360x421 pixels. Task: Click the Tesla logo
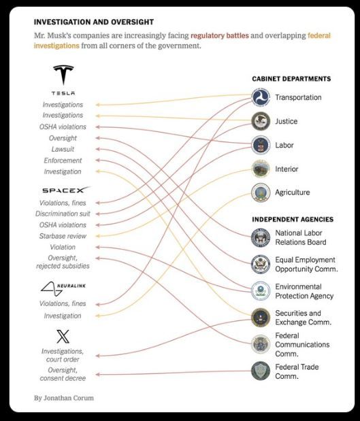[63, 75]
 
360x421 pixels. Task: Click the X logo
[63, 335]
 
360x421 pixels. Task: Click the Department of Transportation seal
[261, 98]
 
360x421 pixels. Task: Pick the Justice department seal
[261, 122]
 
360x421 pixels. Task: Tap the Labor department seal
[261, 145]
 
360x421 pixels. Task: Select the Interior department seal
[261, 169]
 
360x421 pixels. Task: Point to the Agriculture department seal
[261, 192]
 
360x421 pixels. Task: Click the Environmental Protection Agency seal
[261, 291]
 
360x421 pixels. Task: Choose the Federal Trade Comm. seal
[261, 371]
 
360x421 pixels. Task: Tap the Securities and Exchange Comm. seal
[261, 318]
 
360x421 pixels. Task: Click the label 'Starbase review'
[63, 236]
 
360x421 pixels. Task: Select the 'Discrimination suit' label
[63, 214]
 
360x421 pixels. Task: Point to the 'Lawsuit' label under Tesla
[63, 149]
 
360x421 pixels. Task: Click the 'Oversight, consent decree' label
[63, 373]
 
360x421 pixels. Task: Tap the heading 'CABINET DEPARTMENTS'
[291, 79]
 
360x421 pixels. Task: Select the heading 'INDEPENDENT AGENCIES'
[292, 220]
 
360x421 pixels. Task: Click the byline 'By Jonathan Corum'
[63, 397]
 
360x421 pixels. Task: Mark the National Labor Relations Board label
[300, 237]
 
